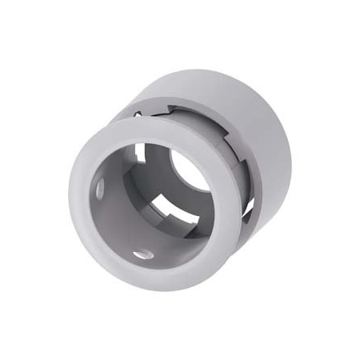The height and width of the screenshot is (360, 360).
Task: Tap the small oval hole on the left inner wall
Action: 101,189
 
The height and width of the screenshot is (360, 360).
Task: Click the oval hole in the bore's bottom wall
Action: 144,254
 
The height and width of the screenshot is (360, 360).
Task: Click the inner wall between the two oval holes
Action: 112,228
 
